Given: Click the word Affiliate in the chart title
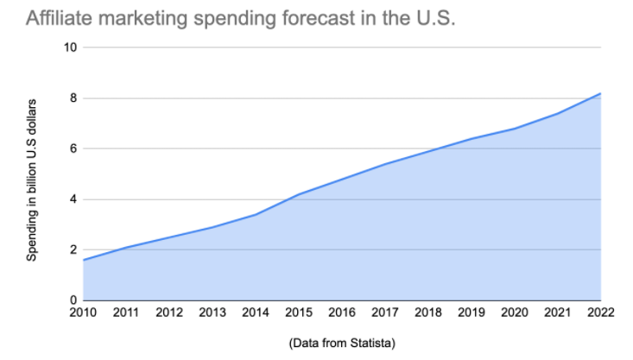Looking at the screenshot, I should (59, 18).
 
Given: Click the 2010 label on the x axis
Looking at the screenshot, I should (84, 313).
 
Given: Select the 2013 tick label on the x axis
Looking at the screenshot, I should (212, 313).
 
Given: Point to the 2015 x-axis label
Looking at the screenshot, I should (299, 313).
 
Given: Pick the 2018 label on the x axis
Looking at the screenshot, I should (427, 313).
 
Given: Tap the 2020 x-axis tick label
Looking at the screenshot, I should (514, 313).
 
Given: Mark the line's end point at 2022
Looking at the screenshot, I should (599, 93).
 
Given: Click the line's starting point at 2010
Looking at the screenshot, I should (84, 260).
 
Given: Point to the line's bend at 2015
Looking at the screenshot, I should (299, 194).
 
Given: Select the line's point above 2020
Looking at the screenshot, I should (514, 129).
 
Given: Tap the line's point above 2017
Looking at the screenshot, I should (384, 164).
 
